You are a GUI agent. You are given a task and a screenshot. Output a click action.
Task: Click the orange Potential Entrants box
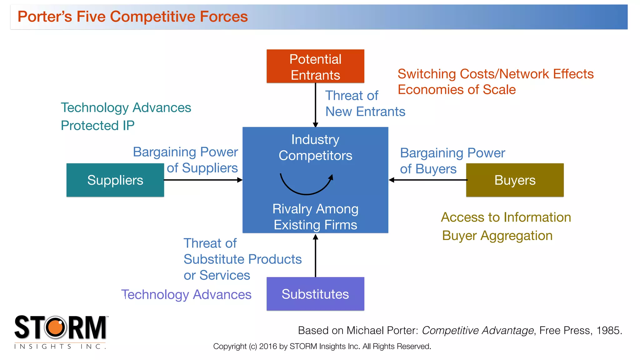pos(315,66)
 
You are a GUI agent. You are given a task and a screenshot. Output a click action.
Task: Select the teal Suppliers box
pos(115,180)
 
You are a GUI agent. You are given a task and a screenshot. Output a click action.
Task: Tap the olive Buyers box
pos(515,180)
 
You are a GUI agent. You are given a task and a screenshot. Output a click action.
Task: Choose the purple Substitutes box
pos(315,294)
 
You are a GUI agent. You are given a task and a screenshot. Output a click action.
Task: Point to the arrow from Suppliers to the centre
pos(203,180)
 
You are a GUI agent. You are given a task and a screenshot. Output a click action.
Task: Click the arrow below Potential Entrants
pos(315,105)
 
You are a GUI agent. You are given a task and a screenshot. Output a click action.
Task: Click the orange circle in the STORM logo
pos(56,327)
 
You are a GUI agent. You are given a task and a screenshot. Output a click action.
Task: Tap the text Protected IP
pos(97,126)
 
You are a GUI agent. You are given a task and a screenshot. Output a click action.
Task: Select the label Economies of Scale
pos(457,90)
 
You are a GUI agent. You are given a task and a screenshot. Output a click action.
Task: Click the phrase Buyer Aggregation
pos(497,236)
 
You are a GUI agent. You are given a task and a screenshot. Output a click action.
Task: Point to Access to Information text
pos(506,217)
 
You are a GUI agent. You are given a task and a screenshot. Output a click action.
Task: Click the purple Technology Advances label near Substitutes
pos(187,295)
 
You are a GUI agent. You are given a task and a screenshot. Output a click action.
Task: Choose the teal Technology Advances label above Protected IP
pos(126,107)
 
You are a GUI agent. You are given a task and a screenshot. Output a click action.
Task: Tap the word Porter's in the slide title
pos(45,17)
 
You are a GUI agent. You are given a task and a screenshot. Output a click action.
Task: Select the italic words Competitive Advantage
pos(478,330)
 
